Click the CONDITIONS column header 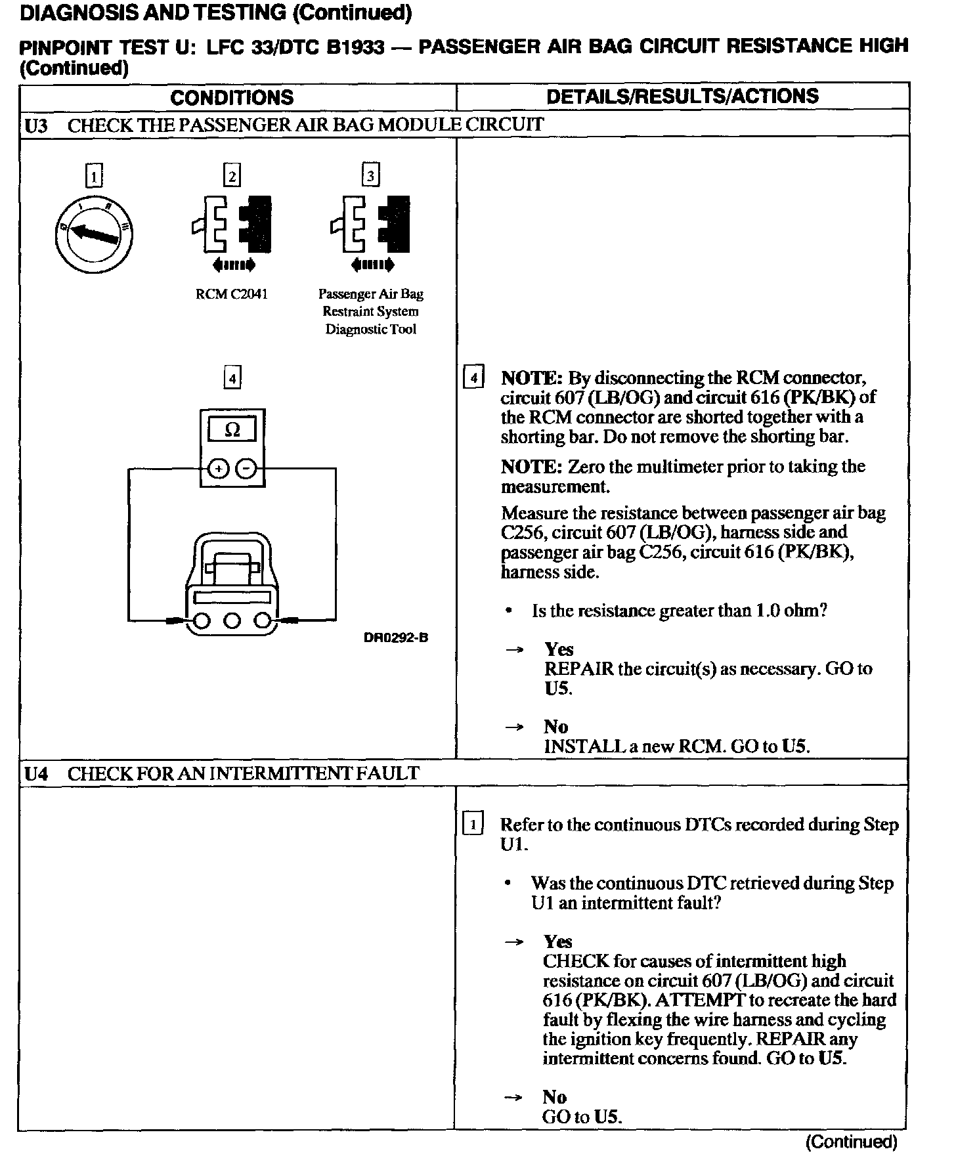(x=232, y=97)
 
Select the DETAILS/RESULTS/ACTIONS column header (x=682, y=96)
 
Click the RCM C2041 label (x=232, y=294)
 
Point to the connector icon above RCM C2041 (x=232, y=225)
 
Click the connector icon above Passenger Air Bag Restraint (x=371, y=225)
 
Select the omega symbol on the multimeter (x=232, y=429)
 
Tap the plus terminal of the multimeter (x=218, y=469)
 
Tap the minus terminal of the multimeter (x=246, y=469)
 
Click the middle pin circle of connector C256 (x=232, y=620)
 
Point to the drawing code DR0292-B (x=396, y=637)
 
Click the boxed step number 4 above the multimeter (x=232, y=378)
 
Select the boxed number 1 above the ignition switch (x=94, y=176)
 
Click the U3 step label (x=37, y=125)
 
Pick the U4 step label (x=37, y=773)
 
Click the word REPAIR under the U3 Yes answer (x=578, y=669)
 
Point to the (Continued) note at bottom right (x=851, y=1142)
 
